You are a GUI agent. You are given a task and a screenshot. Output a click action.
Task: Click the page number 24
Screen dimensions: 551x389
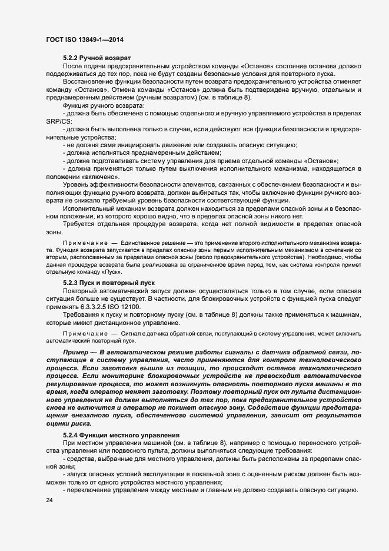(48, 500)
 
